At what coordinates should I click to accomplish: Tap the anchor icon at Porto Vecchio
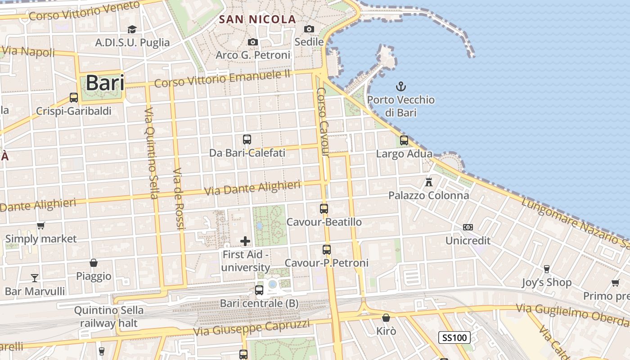click(x=400, y=86)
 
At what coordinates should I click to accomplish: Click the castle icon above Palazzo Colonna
click(x=429, y=182)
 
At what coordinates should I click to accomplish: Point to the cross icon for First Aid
click(x=245, y=241)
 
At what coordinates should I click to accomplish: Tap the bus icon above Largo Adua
click(x=404, y=140)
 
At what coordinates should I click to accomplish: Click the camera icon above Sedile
click(x=309, y=29)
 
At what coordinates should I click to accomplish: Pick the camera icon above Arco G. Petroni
click(x=253, y=42)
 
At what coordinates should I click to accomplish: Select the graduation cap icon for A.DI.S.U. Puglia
click(x=132, y=30)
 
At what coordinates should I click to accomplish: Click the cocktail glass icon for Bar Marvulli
click(x=35, y=278)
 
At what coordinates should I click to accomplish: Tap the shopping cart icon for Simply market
click(x=41, y=225)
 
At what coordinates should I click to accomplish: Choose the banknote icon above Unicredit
click(x=468, y=227)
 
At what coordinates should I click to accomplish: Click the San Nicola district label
click(x=257, y=19)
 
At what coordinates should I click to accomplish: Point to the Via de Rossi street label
click(x=179, y=199)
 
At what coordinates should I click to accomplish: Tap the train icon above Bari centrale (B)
click(x=259, y=290)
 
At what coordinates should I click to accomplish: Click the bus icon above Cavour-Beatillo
click(x=324, y=208)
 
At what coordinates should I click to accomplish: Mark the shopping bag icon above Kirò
click(x=386, y=318)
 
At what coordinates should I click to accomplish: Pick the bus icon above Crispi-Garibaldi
click(x=73, y=97)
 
